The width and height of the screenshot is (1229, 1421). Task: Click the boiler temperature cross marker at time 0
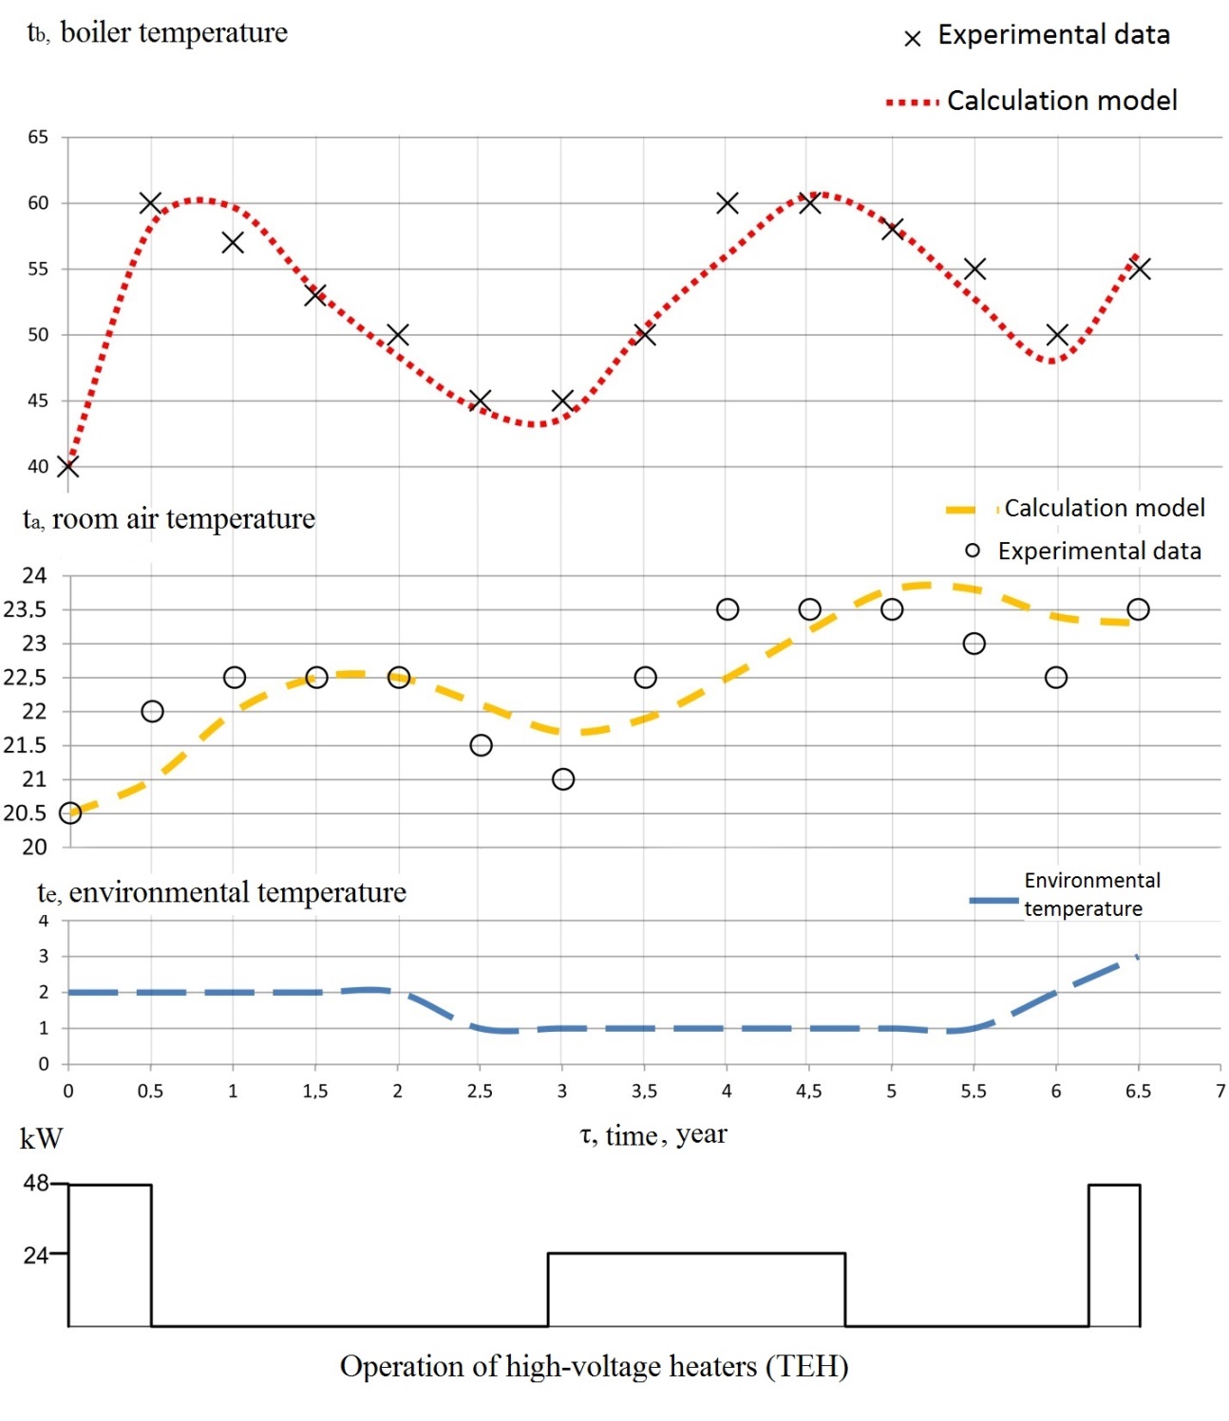point(67,466)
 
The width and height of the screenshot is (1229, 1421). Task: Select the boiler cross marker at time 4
point(728,203)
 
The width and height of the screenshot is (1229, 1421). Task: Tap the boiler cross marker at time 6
point(1057,335)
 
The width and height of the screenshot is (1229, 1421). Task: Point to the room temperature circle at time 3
point(563,779)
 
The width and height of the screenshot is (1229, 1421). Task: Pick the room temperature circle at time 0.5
point(152,711)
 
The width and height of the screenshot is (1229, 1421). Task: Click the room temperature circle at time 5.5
point(974,644)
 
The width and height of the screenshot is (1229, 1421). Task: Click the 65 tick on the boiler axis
point(38,138)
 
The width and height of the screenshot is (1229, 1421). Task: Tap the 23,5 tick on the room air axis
point(25,609)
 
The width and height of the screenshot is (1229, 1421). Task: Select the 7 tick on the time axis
point(1220,1092)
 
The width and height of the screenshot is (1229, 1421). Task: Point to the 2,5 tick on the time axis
point(480,1092)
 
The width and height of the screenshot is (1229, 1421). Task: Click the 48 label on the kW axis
point(36,1183)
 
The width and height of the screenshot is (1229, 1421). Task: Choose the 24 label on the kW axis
point(36,1255)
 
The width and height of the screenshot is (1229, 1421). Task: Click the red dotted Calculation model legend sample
point(913,102)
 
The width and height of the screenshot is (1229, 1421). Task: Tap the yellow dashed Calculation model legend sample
point(969,510)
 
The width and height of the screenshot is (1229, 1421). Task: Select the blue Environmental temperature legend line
point(993,899)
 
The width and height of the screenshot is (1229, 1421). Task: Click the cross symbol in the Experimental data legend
point(913,39)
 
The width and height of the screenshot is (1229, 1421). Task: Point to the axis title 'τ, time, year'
point(653,1134)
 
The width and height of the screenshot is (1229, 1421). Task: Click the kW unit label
point(41,1138)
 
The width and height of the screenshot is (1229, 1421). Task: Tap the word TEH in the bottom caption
point(806,1367)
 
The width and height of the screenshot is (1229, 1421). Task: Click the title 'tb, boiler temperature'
point(158,33)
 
